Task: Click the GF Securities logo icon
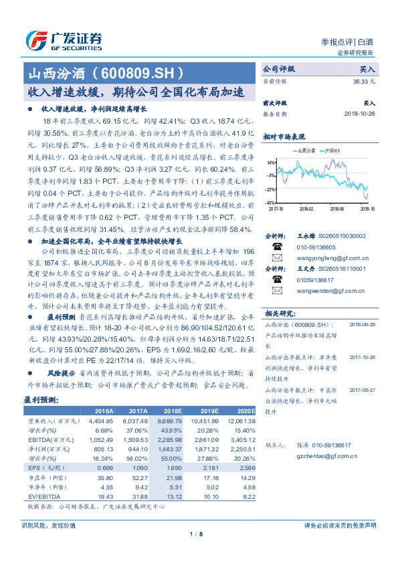35,41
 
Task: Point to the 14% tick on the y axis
270,162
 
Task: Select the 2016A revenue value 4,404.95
101,421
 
